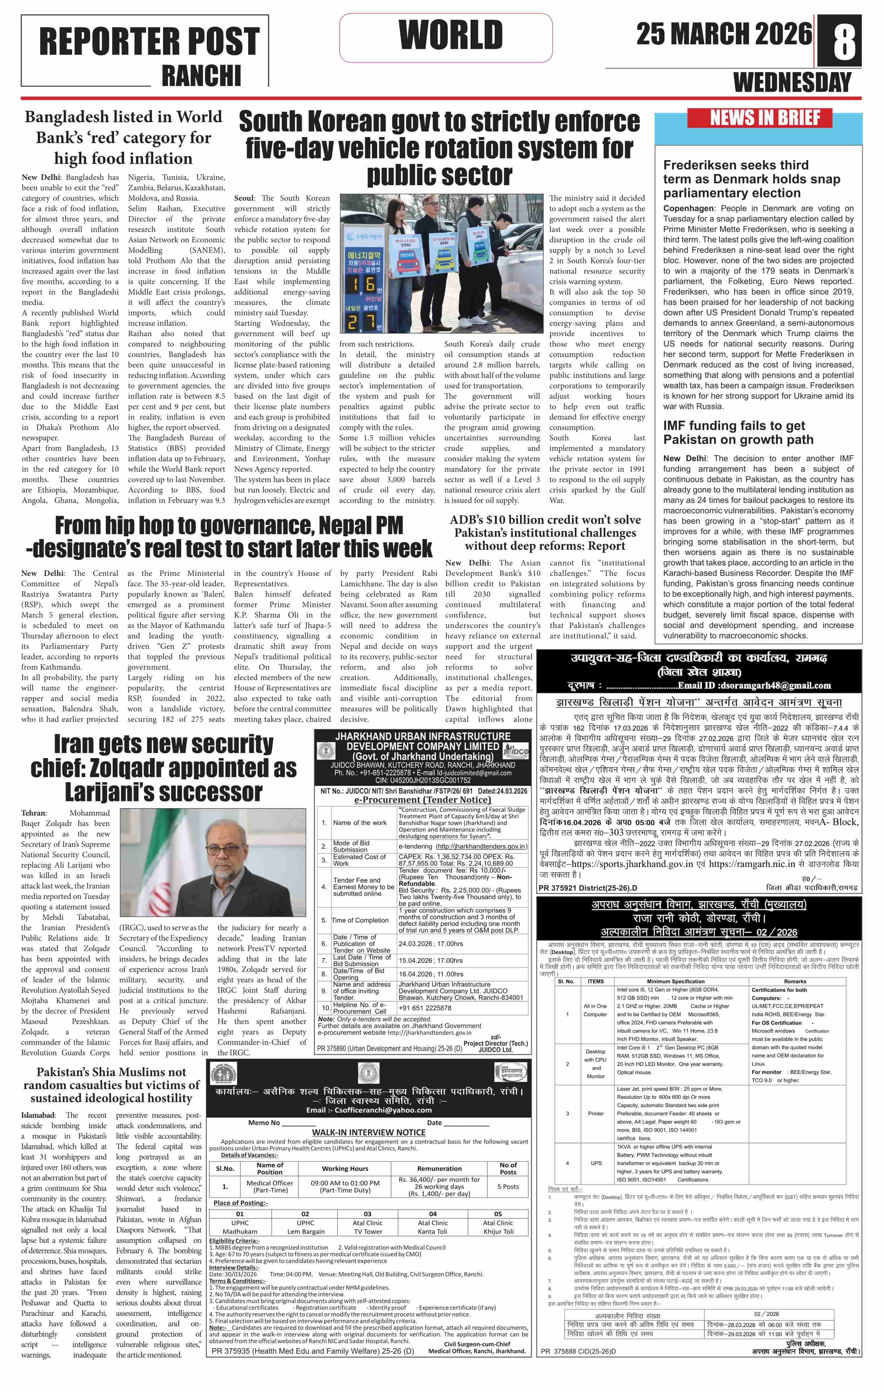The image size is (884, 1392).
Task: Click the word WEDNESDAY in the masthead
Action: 792,83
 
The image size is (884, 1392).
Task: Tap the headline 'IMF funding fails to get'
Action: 734,426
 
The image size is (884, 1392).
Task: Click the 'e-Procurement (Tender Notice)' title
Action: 422,800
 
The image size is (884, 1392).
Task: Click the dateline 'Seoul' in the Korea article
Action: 244,198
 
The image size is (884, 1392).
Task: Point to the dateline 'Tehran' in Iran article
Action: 34,813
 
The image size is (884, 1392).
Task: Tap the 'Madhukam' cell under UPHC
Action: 240,1231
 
